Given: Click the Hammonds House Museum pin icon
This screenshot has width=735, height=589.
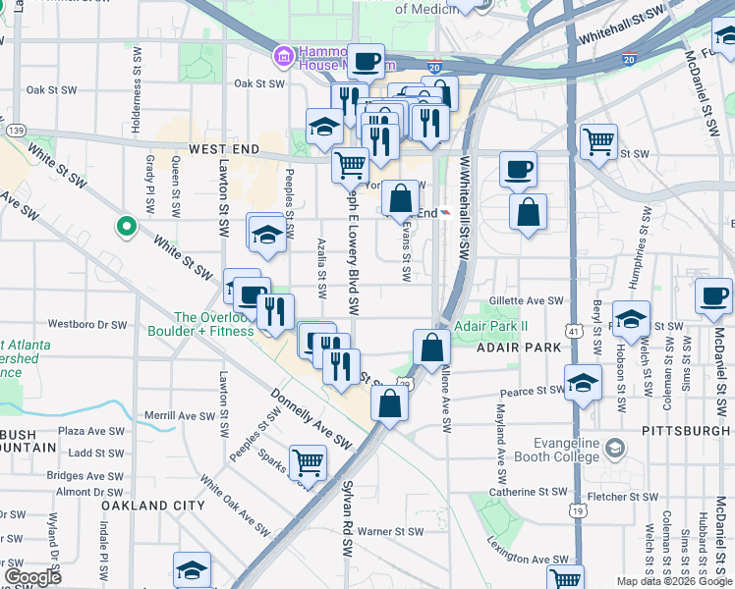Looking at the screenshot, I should point(284,57).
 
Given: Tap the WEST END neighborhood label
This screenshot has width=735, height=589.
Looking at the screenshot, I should point(224,149).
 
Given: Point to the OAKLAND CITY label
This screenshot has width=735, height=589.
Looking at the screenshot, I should point(153,505).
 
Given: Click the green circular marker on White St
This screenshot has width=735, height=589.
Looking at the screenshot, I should point(127,227).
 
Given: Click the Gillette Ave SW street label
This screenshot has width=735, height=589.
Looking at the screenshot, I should point(528,301).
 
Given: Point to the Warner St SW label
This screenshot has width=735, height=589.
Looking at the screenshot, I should point(389,531).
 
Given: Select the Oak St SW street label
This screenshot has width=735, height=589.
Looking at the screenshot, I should point(52,89).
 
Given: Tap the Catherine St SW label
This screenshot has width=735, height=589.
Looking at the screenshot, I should point(529,492).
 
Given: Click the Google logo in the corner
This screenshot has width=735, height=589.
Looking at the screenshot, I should point(32,577).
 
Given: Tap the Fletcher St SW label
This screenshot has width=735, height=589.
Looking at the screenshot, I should point(620,497).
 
